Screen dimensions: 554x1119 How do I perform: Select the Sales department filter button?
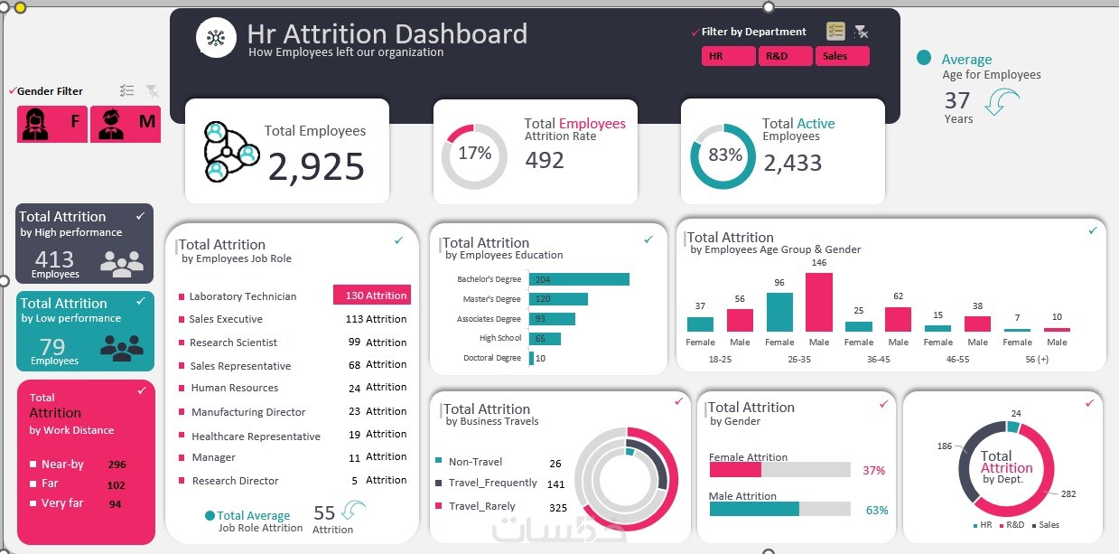point(842,56)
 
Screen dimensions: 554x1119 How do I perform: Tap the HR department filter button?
point(728,56)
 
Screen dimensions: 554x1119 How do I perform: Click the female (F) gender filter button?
point(51,124)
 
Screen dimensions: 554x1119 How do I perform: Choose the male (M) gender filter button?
point(126,124)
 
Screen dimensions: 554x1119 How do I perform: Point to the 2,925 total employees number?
point(316,167)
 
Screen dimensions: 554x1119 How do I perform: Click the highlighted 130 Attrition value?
point(372,296)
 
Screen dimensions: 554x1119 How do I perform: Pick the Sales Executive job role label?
point(226,319)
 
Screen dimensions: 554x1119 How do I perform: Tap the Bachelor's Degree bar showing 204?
point(578,279)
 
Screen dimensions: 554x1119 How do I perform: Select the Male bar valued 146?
point(819,302)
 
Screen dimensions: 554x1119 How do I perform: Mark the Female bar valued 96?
point(779,312)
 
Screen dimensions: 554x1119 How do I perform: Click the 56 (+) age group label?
point(1037,359)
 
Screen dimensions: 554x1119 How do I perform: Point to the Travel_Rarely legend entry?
point(481,506)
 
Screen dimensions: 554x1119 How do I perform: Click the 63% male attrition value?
point(876,510)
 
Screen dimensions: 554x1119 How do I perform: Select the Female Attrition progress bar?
point(779,470)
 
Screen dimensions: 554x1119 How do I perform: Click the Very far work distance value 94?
point(116,504)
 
